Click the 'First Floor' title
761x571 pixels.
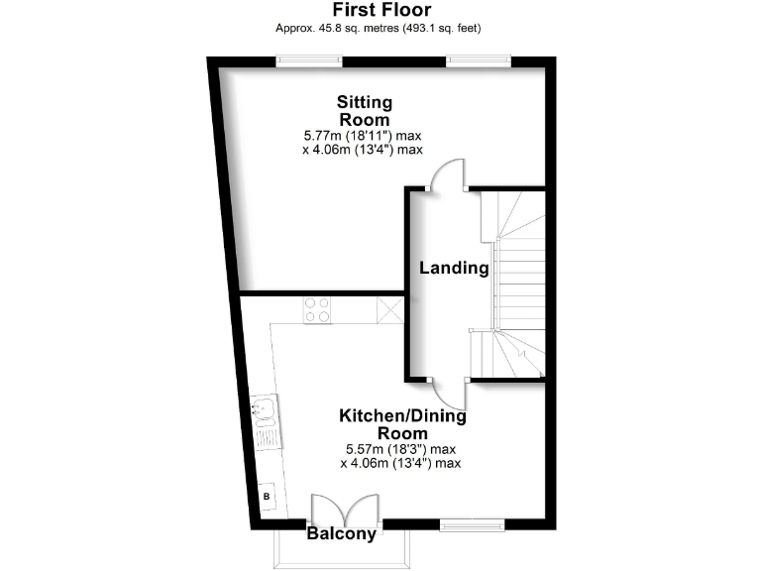click(380, 10)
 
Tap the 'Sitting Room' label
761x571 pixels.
click(365, 110)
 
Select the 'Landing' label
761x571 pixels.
click(454, 268)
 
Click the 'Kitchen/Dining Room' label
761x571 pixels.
click(402, 424)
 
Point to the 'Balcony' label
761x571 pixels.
click(342, 534)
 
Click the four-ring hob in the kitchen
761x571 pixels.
click(317, 310)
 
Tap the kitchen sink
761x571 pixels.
click(265, 410)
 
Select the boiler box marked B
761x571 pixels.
click(266, 495)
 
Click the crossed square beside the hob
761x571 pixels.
click(389, 310)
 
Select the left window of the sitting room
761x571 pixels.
click(309, 61)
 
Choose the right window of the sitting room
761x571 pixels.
click(479, 61)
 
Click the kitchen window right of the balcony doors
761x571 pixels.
click(472, 522)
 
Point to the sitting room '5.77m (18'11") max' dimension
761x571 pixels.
click(364, 135)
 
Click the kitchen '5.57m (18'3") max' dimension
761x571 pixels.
click(400, 448)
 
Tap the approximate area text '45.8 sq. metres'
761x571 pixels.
click(339, 28)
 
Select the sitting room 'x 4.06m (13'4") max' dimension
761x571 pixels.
click(363, 150)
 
